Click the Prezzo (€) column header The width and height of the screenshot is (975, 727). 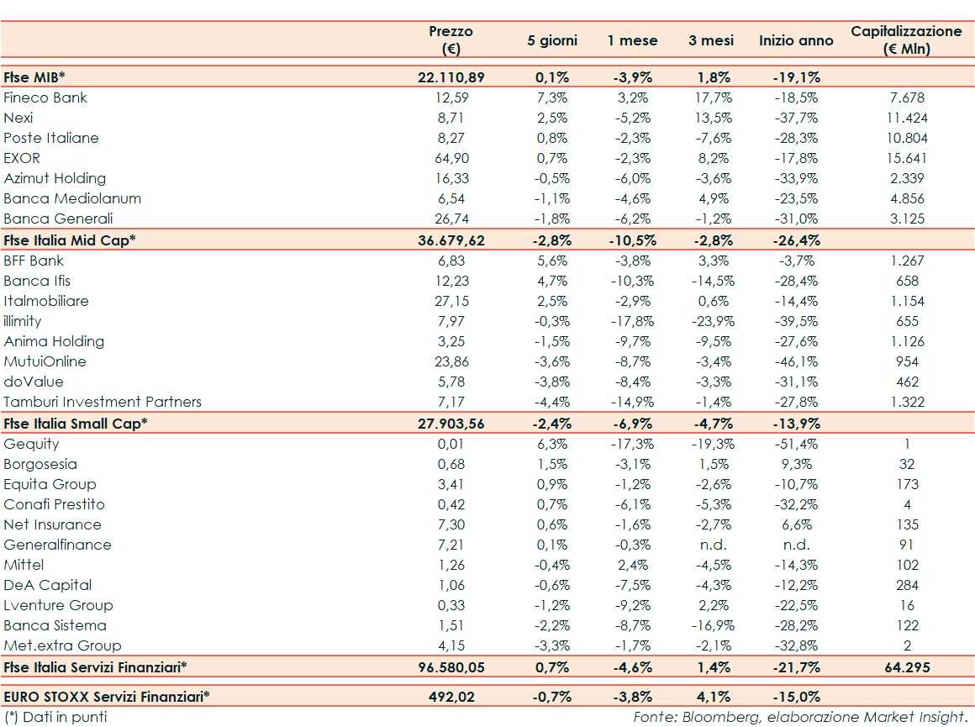click(x=451, y=40)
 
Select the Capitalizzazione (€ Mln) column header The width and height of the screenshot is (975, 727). click(x=906, y=40)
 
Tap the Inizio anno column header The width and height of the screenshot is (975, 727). click(x=796, y=40)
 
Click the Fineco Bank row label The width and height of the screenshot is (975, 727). click(x=45, y=97)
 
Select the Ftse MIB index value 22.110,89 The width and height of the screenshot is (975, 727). click(x=451, y=77)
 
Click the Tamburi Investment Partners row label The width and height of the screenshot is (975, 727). click(x=103, y=402)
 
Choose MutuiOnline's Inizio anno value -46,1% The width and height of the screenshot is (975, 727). click(x=796, y=361)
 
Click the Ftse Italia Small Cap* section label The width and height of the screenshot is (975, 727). click(x=75, y=423)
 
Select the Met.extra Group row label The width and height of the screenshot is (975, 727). click(x=62, y=645)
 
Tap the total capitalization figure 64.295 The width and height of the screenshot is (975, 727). click(x=907, y=666)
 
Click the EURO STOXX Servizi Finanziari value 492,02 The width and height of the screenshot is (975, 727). click(x=451, y=696)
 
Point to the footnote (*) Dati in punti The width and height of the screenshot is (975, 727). click(x=55, y=717)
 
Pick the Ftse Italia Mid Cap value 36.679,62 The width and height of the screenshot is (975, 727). click(x=451, y=240)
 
